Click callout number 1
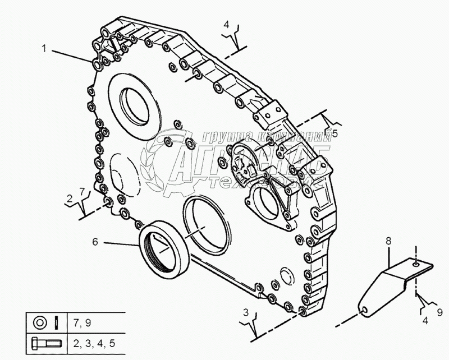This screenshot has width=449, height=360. [44, 49]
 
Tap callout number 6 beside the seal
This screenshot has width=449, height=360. [95, 242]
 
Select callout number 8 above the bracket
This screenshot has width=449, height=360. [387, 241]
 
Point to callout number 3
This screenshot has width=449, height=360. [246, 312]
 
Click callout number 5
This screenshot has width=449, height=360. [335, 133]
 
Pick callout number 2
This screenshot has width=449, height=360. [70, 198]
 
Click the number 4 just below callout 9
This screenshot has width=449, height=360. [425, 321]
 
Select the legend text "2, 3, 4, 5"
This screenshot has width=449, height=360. [93, 342]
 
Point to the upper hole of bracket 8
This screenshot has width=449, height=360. [415, 262]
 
